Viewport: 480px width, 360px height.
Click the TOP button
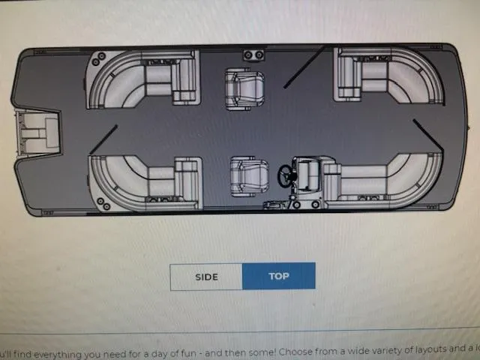click(279, 277)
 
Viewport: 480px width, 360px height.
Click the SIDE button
click(206, 277)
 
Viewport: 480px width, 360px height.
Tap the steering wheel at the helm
click(286, 175)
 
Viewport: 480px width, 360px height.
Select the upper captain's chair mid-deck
click(244, 90)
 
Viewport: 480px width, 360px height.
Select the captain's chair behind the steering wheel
click(248, 177)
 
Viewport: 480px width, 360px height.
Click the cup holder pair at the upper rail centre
click(253, 55)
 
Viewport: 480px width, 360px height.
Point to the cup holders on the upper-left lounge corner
click(101, 59)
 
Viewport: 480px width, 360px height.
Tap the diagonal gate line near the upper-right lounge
click(304, 68)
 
